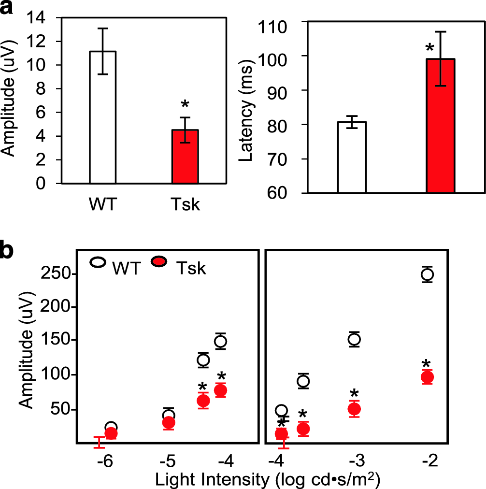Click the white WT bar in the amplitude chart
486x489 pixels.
click(x=102, y=117)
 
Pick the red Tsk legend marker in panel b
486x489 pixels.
click(x=159, y=262)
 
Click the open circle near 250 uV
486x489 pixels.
click(x=427, y=274)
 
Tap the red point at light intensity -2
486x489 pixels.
click(x=427, y=377)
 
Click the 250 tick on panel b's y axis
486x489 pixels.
click(x=57, y=274)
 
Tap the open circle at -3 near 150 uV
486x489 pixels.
click(x=354, y=339)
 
